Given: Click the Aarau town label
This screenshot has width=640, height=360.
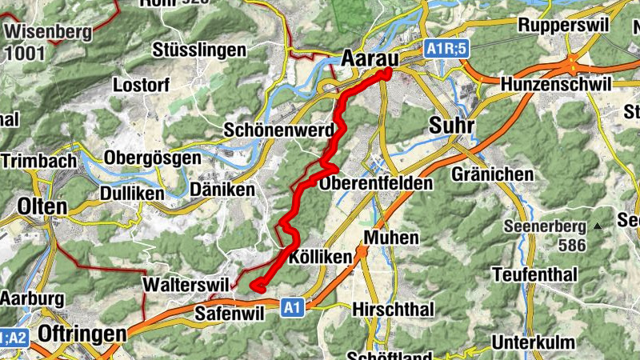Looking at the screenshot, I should coord(370,58).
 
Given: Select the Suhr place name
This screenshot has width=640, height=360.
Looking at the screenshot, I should coord(451,126).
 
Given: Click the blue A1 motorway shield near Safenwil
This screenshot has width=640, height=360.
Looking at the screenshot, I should coord(294,306).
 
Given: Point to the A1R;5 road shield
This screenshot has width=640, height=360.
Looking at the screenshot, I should coord(446,49).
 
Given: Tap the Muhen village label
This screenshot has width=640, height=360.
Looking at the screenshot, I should coord(391,238).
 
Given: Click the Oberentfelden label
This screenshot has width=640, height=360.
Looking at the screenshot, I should coord(375,183).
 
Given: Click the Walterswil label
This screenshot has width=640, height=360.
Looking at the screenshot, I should coord(184,284).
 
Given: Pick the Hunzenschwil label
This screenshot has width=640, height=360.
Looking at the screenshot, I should coord(555,84).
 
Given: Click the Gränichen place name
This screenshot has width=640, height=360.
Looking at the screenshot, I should coord(492,174).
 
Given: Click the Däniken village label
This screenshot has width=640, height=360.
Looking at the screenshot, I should coord(222,190).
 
